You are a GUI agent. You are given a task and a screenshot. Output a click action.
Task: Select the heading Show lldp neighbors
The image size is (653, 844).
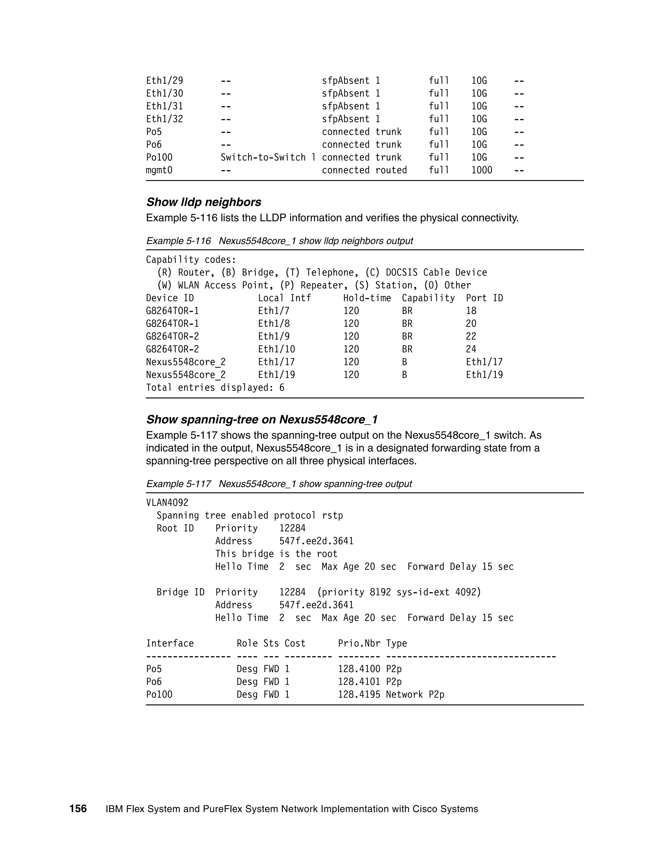coord(203,202)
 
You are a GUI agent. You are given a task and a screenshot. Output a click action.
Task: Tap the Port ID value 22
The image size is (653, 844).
coord(471,336)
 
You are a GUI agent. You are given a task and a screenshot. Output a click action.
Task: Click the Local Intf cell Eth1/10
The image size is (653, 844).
coord(276,349)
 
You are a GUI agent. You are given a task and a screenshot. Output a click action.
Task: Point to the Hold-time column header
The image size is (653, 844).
coord(367,298)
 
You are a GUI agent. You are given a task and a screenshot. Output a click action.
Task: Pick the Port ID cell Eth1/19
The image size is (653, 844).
coord(484,375)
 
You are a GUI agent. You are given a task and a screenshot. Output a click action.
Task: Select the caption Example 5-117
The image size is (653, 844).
coord(178,484)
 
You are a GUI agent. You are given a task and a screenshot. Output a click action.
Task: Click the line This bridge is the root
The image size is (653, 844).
coord(276,554)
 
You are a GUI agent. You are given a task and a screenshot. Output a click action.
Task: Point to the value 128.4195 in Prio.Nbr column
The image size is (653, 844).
coord(359,694)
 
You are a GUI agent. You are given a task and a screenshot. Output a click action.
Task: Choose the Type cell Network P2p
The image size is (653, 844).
coord(415,694)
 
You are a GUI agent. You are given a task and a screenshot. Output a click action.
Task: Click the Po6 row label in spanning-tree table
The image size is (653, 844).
coord(154,682)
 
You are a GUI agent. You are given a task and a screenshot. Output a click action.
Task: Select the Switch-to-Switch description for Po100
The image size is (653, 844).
coord(268,157)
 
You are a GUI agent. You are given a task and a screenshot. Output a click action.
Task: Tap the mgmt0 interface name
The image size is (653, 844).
coord(159,170)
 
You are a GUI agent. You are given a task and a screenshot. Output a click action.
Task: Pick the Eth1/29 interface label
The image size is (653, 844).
coord(165,81)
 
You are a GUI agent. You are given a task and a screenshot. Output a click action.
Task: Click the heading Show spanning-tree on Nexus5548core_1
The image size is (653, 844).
coord(262,419)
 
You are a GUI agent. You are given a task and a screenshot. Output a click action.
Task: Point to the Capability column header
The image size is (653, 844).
coord(428,298)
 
